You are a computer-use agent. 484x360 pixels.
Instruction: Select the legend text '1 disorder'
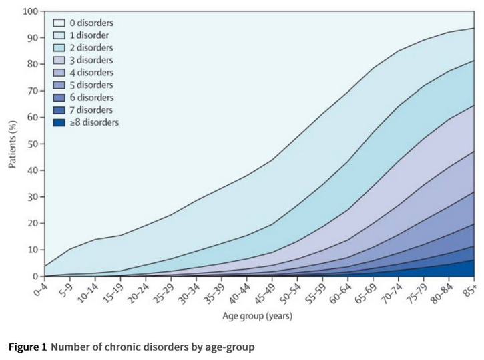click(x=90, y=35)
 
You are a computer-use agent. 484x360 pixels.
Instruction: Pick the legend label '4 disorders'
click(x=91, y=73)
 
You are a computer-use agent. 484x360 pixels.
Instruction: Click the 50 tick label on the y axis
click(x=33, y=144)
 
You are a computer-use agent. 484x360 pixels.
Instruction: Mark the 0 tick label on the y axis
click(x=35, y=276)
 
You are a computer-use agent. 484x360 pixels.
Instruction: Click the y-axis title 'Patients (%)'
click(x=13, y=144)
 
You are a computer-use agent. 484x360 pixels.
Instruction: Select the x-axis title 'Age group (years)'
click(x=257, y=316)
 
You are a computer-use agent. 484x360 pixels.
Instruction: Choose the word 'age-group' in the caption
click(x=231, y=347)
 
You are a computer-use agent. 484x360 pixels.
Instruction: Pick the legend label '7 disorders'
click(x=91, y=110)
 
